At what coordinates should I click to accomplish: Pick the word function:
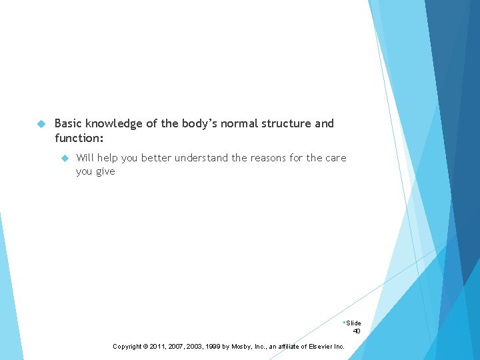(79, 139)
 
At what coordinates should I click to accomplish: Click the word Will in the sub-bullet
(85, 158)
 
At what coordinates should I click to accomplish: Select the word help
(109, 158)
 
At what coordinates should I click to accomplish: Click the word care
(335, 158)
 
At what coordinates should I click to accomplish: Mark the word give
(105, 172)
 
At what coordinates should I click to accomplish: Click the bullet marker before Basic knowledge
(41, 124)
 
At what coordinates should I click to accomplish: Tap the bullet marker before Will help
(65, 159)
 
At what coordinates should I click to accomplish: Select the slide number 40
(357, 331)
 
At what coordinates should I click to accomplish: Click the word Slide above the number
(353, 323)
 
